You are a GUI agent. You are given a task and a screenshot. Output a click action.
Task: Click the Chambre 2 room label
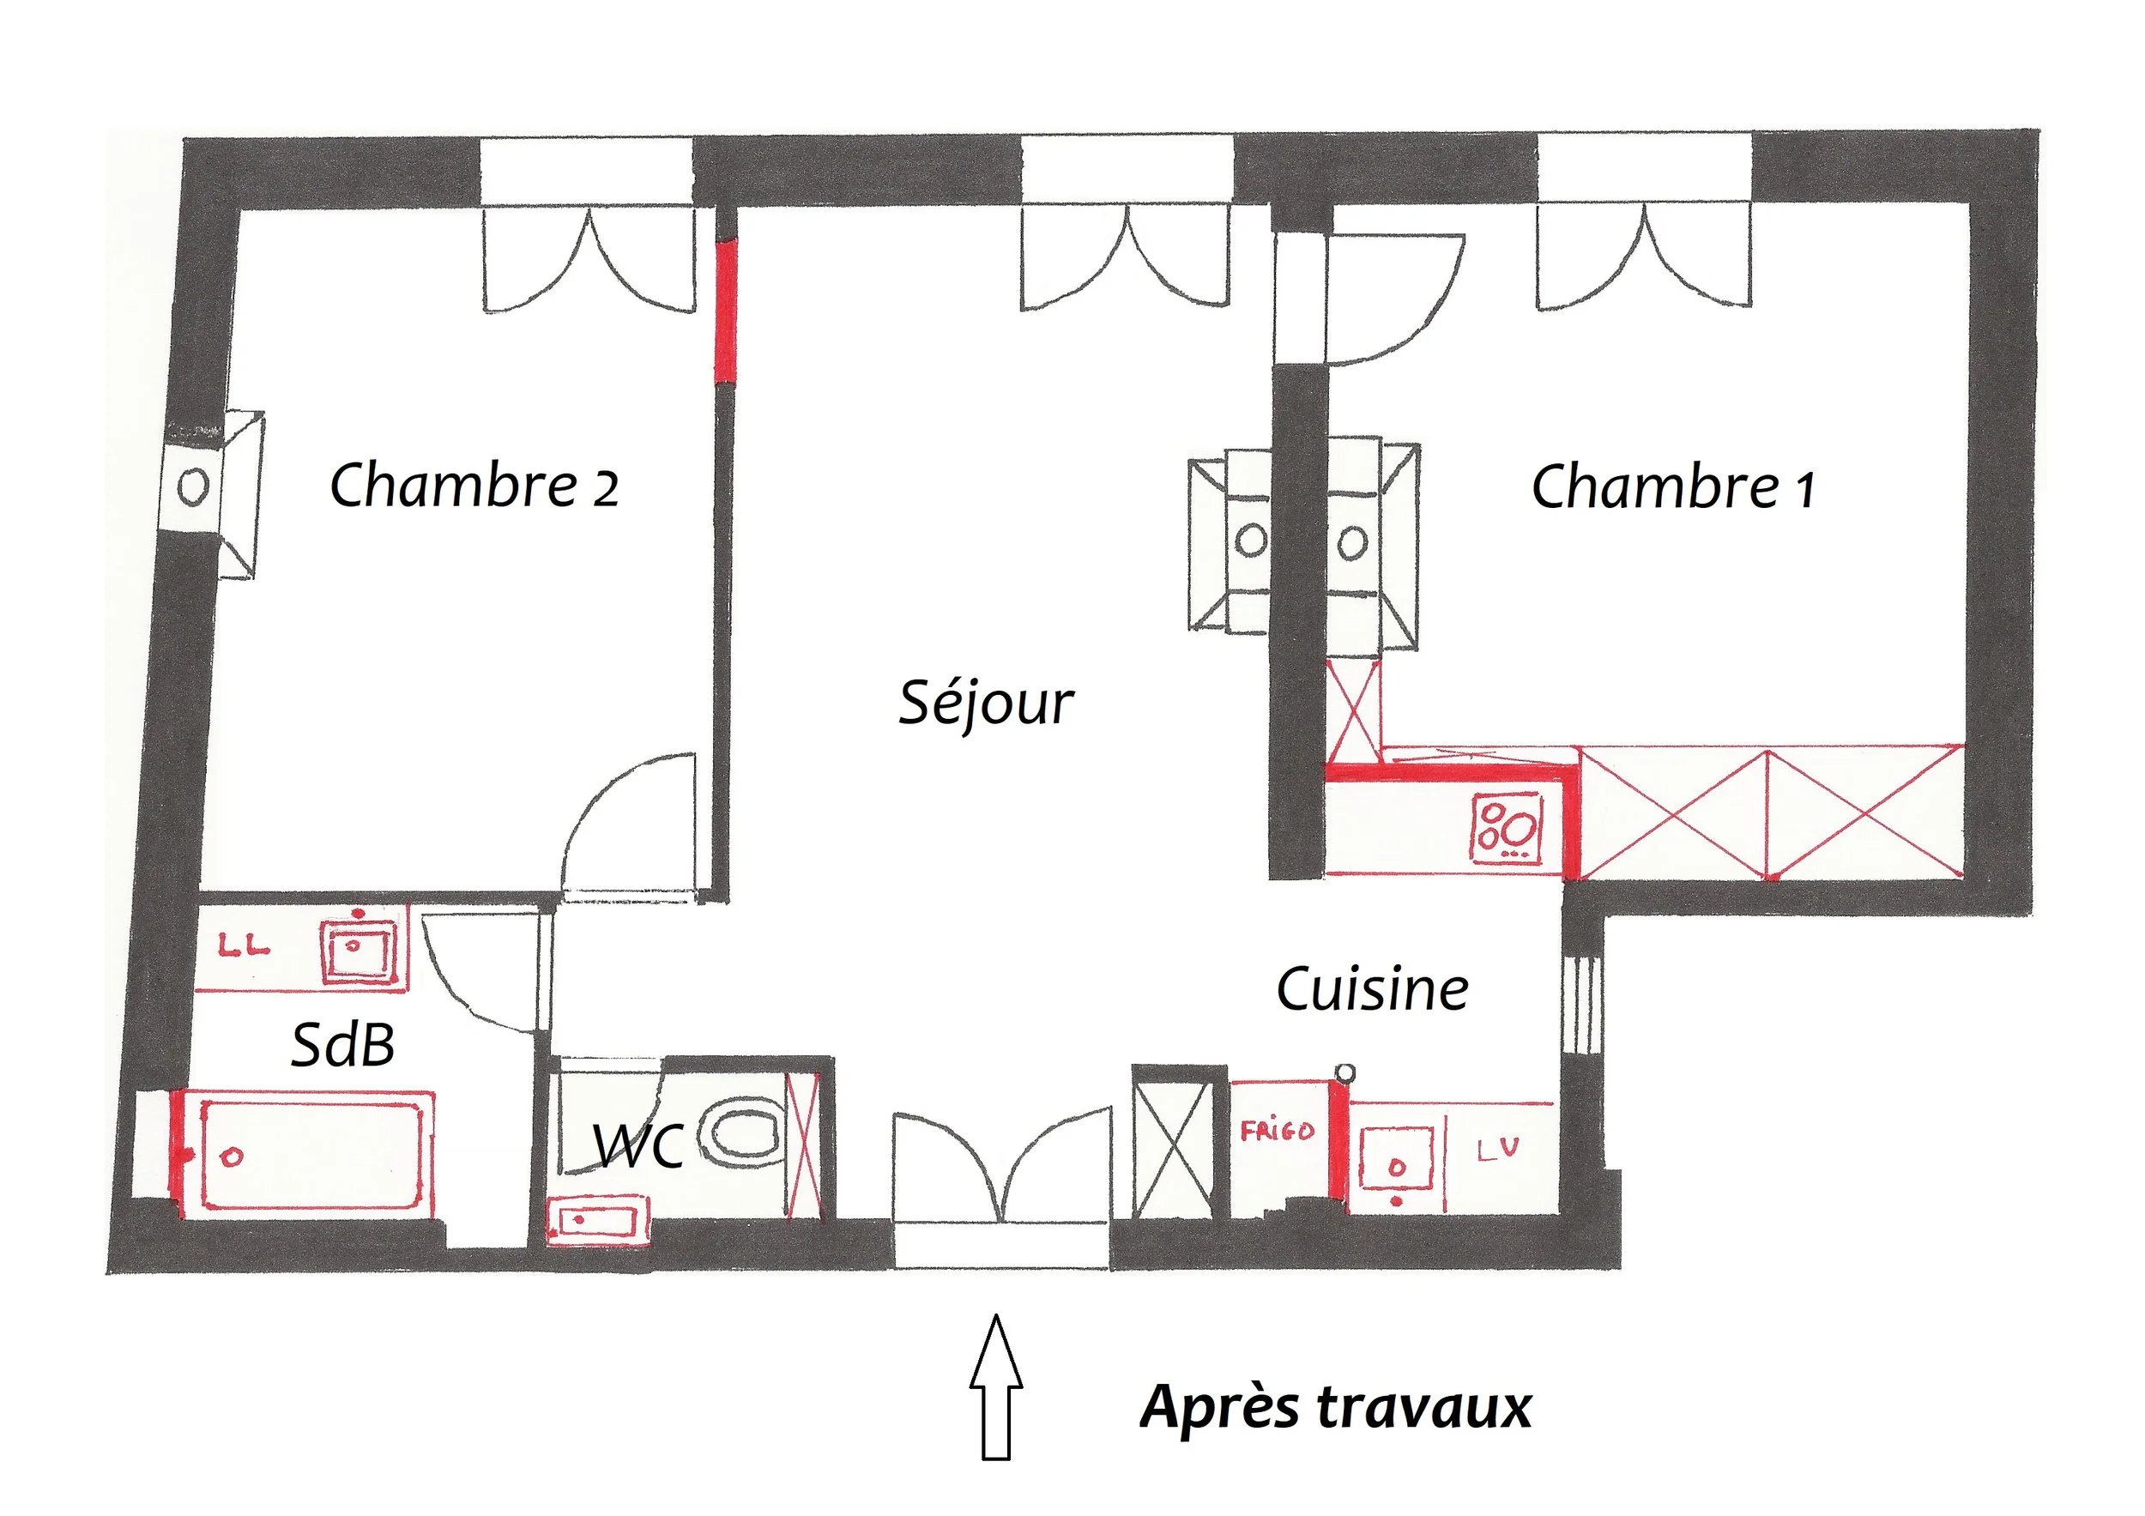tap(474, 485)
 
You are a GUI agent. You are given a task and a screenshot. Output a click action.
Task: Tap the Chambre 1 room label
tap(1673, 486)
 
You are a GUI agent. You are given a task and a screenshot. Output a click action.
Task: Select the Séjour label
tap(986, 704)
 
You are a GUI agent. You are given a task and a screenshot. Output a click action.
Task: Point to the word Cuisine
tap(1371, 989)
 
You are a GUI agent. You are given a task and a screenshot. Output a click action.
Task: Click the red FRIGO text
tap(1277, 1132)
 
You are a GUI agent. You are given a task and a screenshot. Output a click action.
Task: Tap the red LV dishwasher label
tap(1497, 1150)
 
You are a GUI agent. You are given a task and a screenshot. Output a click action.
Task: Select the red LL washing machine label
tap(244, 946)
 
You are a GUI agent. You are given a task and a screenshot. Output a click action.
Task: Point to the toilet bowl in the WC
tap(743, 1134)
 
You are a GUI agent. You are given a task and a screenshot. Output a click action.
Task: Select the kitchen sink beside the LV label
tap(1396, 1159)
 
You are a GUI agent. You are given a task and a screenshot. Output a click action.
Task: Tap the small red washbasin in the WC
tap(596, 1219)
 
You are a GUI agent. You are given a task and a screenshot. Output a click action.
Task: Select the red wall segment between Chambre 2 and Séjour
tap(725, 311)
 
